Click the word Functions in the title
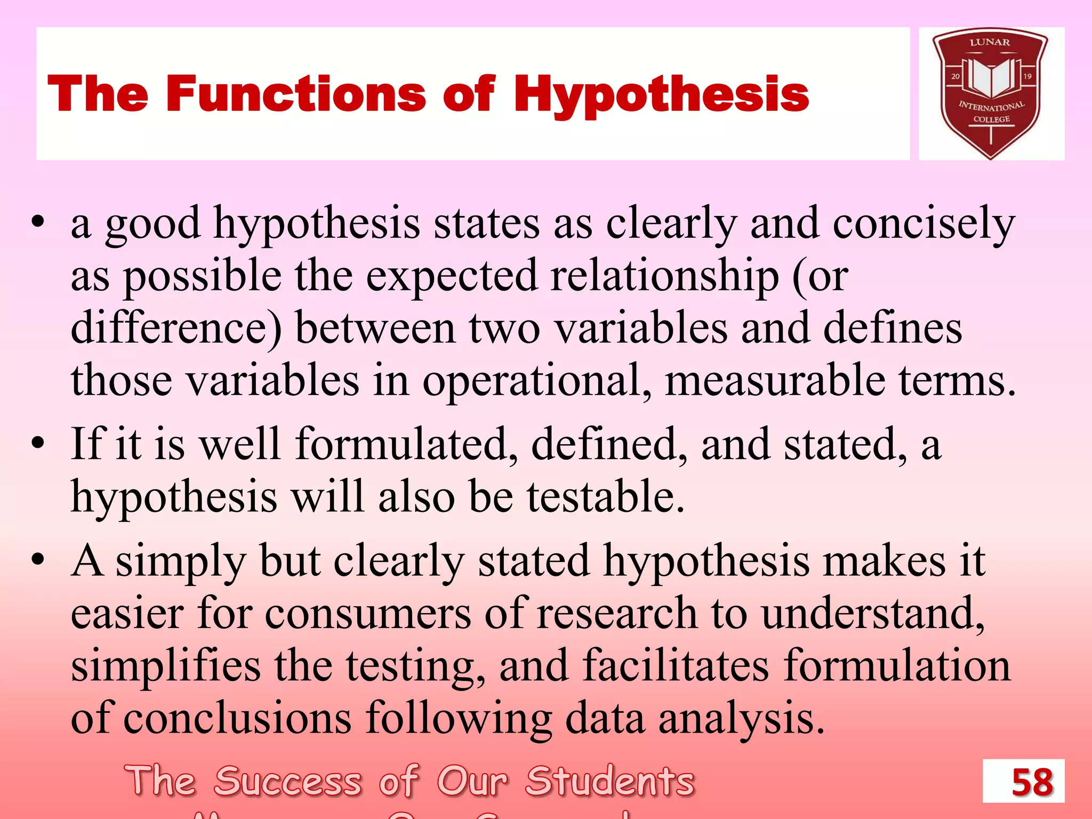point(296,94)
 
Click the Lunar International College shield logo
point(991,93)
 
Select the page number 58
point(1032,782)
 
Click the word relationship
point(664,277)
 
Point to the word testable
point(606,496)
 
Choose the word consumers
point(368,613)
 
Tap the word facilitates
point(676,665)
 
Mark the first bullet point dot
point(37,222)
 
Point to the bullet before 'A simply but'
point(37,560)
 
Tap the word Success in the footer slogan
point(288,781)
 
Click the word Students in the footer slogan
point(610,781)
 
